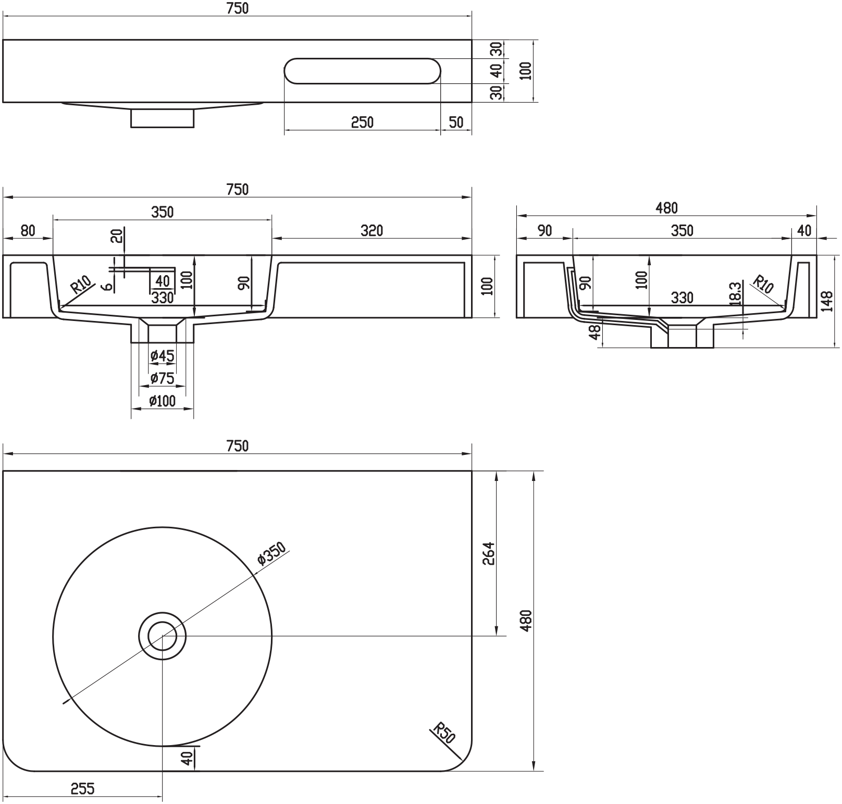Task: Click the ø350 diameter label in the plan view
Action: click(x=272, y=554)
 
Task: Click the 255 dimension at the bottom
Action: click(x=83, y=788)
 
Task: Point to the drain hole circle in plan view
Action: click(x=163, y=636)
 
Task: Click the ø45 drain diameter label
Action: click(x=162, y=356)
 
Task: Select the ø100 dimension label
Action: click(x=162, y=401)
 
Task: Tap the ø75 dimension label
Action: click(x=162, y=378)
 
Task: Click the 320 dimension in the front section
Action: click(x=372, y=230)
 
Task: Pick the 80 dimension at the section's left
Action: click(x=28, y=230)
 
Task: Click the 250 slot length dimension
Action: click(x=362, y=122)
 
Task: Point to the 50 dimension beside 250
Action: click(x=456, y=122)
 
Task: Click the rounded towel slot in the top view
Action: click(x=363, y=71)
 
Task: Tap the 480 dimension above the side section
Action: click(x=666, y=208)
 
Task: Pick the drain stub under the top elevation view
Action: click(x=162, y=118)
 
